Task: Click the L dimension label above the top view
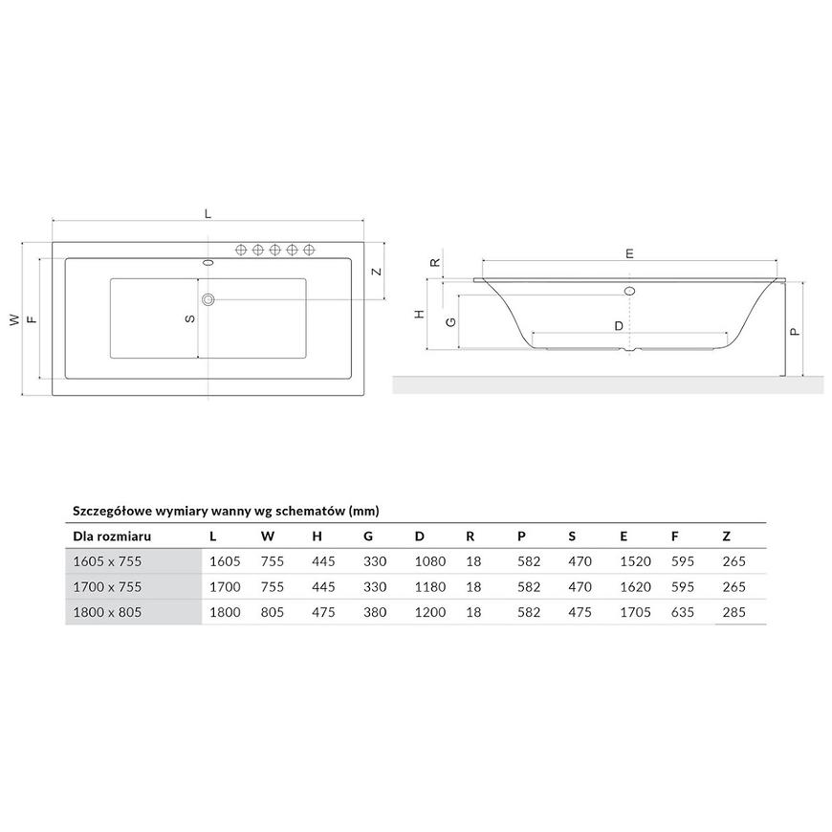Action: [x=208, y=213]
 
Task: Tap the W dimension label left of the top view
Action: [x=14, y=319]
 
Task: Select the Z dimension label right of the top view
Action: [x=376, y=272]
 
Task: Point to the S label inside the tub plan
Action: [x=190, y=318]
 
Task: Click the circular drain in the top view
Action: [x=208, y=299]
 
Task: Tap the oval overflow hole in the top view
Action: [x=208, y=262]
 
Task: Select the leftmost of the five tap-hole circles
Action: [x=241, y=250]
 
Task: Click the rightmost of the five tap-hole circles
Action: [x=309, y=250]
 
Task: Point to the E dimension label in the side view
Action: [x=629, y=253]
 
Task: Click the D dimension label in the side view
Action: [x=619, y=326]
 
